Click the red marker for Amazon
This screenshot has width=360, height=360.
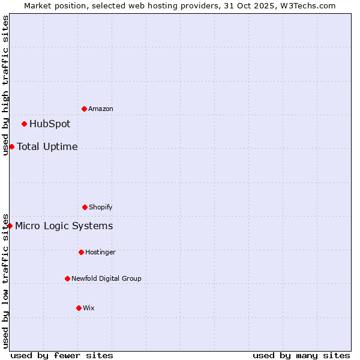point(84,109)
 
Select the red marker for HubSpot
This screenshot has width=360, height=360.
point(24,124)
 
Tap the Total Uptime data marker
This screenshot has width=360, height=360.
point(11,146)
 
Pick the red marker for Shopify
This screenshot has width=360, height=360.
point(85,207)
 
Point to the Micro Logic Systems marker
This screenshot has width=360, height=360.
point(10,226)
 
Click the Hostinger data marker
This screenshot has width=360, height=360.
point(81,252)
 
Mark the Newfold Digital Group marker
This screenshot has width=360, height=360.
point(67,278)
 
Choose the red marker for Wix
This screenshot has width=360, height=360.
point(79,308)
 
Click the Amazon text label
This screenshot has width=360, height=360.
point(101,109)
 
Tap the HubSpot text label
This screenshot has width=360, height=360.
point(50,124)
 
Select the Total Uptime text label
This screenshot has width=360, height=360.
point(47,146)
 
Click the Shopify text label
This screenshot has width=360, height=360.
point(101,207)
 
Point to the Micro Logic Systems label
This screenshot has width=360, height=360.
point(64,226)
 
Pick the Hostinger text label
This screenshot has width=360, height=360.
point(100,252)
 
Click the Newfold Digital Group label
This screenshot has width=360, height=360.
point(106,278)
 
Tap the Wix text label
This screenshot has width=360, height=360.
point(89,308)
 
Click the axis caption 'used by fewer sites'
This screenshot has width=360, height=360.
point(62,355)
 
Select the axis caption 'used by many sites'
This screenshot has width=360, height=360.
point(301,355)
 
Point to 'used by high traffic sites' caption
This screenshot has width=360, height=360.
point(5,85)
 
